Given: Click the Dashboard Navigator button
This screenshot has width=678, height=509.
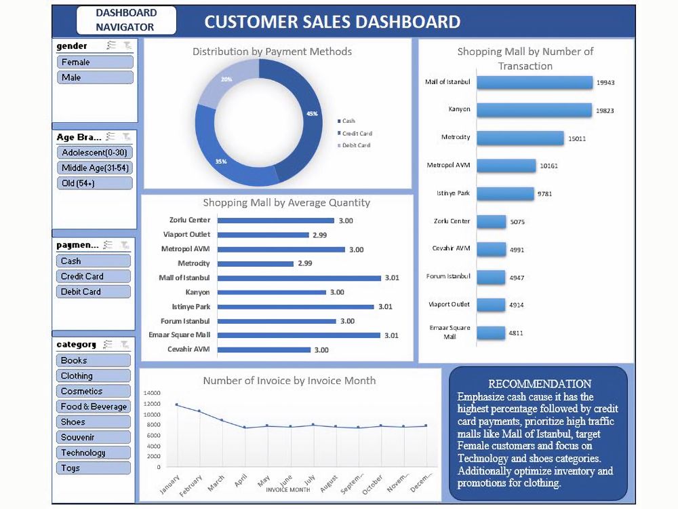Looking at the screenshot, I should [x=125, y=20].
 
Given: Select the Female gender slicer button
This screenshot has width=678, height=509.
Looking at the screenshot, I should [x=94, y=62].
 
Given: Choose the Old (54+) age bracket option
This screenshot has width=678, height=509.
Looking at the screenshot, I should [x=94, y=183].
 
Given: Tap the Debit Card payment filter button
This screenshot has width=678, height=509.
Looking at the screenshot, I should [x=93, y=292].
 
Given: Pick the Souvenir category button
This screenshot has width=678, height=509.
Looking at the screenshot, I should [x=93, y=438].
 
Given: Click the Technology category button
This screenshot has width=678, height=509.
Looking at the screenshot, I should [x=93, y=453].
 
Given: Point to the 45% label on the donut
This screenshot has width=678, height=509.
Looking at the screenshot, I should [x=312, y=114].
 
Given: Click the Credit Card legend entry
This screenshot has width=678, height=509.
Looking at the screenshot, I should [x=357, y=134].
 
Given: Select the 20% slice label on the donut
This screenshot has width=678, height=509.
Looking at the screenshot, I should [x=226, y=79].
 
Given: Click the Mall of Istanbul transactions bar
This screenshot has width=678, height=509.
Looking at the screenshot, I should [x=534, y=82].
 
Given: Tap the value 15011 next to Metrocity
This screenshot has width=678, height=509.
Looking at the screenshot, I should [x=577, y=138].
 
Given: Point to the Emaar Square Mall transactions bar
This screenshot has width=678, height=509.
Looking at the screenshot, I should [x=491, y=333].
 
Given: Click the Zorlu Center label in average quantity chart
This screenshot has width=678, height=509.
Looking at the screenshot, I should [x=190, y=220].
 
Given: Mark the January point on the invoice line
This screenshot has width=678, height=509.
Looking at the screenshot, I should [x=177, y=404].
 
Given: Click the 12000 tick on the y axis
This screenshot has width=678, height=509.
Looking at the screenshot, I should [x=152, y=404].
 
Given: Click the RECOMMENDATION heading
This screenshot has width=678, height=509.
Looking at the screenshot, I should [x=540, y=384].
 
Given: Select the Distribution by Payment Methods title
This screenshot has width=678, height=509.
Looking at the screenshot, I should [x=272, y=52].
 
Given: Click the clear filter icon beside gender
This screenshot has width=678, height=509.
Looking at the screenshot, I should [x=127, y=45].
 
